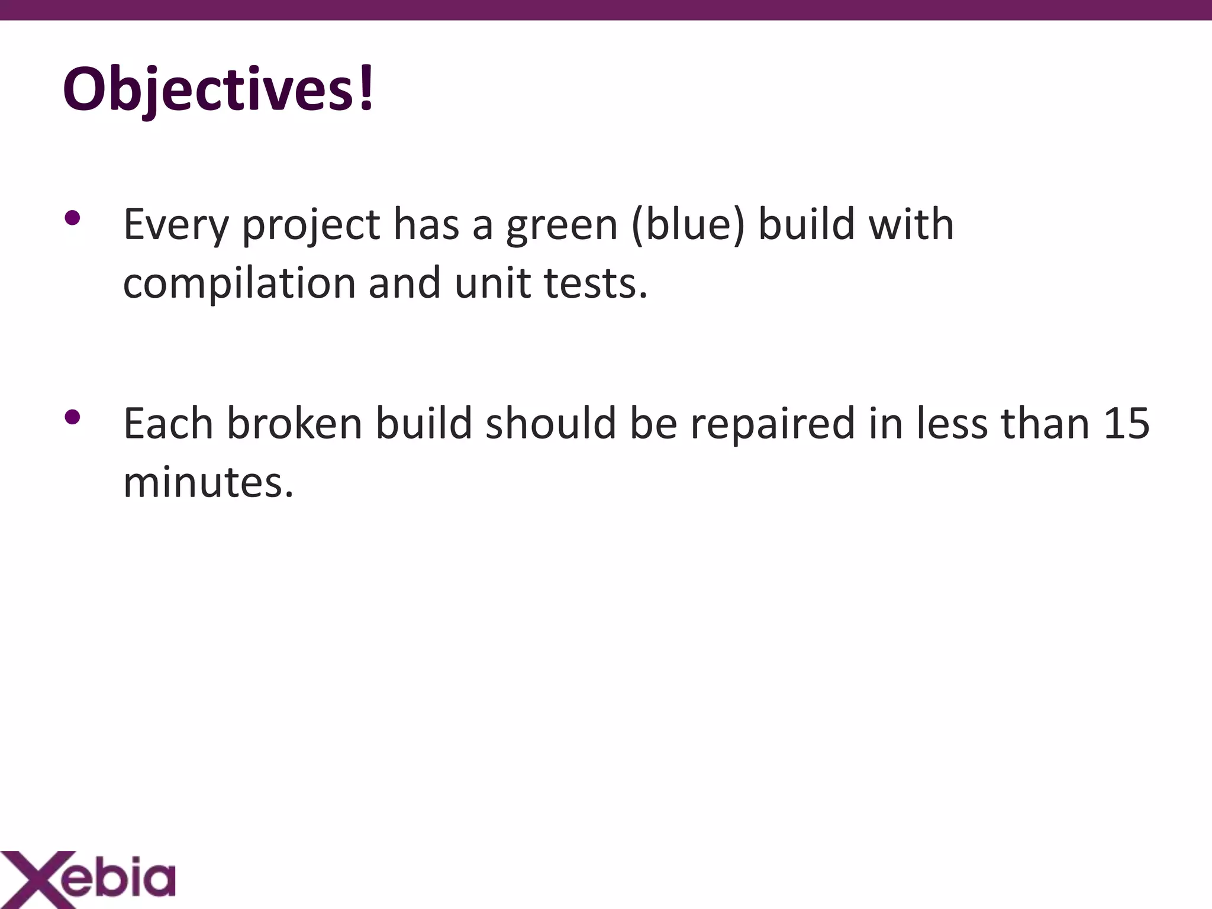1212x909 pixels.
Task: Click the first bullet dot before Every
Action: pyautogui.click(x=72, y=218)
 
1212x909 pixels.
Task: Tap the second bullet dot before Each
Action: pyautogui.click(x=72, y=418)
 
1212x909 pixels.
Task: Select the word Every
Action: pyautogui.click(x=176, y=225)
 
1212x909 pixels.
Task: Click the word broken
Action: pyautogui.click(x=294, y=424)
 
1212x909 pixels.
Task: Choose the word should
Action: pyautogui.click(x=550, y=424)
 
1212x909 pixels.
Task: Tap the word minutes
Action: pyautogui.click(x=208, y=482)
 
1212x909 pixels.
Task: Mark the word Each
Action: pyautogui.click(x=168, y=424)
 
